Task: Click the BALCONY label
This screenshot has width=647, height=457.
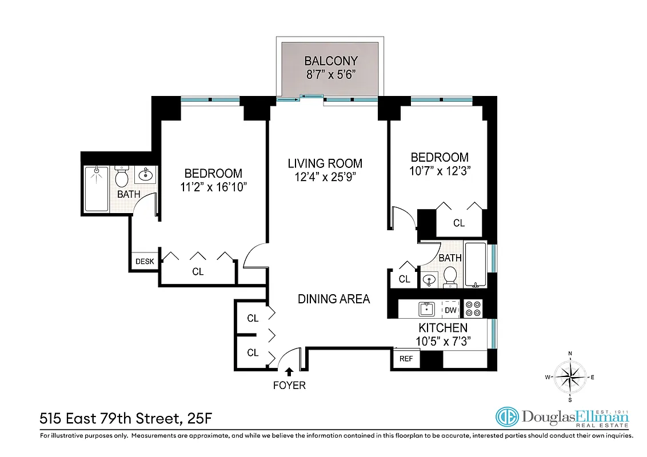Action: pos(330,61)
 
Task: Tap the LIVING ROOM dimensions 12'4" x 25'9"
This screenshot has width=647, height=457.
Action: pos(325,177)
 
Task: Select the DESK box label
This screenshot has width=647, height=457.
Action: pos(145,262)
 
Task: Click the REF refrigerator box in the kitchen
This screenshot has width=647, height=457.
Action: pos(406,359)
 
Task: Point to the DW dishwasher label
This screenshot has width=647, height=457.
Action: pos(450,310)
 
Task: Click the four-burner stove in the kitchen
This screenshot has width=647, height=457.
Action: pos(473,308)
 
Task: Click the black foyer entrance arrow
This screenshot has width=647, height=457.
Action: pos(289,372)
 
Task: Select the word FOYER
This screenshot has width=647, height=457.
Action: pos(289,386)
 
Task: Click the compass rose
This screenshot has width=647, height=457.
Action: pos(570,376)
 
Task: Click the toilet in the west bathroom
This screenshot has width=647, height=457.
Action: pos(122,177)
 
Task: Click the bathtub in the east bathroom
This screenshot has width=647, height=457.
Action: pos(476,265)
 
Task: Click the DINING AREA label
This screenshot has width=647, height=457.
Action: pos(333,299)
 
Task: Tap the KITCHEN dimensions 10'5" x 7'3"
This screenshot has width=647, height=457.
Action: pos(443,342)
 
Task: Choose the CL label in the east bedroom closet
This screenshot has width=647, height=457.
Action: pos(459,223)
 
